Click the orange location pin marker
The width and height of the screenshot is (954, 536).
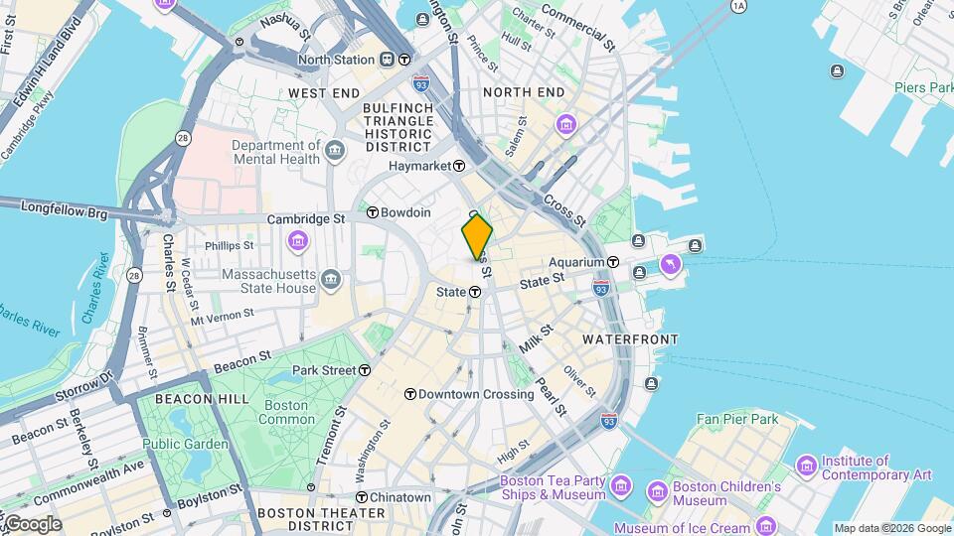coord(477,237)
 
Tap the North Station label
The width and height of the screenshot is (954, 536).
coord(337,60)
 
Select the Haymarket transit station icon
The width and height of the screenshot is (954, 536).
coord(459,166)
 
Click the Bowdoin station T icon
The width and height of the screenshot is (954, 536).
coord(372,212)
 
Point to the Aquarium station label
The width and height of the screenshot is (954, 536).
coord(577,262)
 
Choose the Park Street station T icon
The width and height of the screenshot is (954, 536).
coord(365,370)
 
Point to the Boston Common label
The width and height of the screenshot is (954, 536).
coord(286,412)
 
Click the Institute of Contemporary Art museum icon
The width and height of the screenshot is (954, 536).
coord(807,465)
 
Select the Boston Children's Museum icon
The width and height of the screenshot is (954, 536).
coord(657,491)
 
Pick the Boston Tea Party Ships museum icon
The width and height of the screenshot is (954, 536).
coord(621,485)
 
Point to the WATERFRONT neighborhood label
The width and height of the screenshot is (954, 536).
coord(630,339)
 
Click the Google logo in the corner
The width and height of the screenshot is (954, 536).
coord(32,524)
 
